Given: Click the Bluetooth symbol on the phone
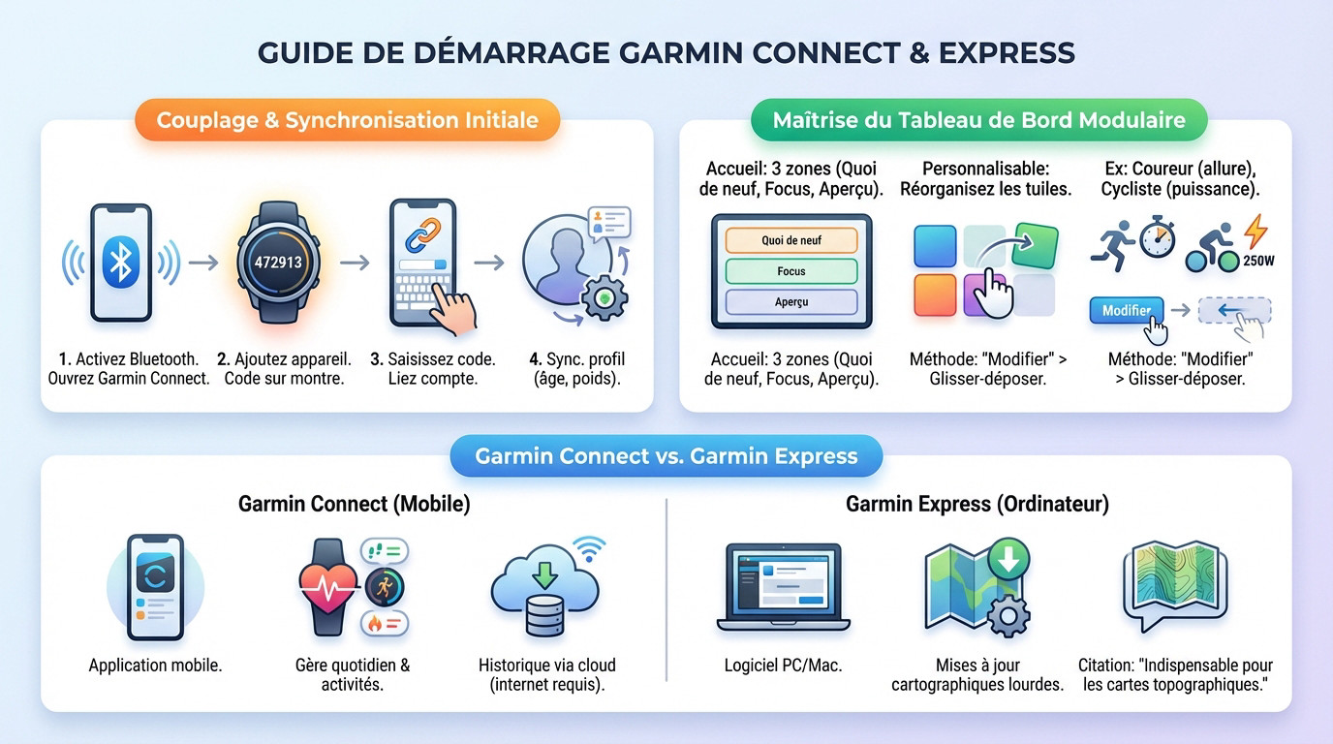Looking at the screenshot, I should click(x=120, y=263).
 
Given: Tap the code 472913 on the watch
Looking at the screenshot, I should click(x=277, y=262).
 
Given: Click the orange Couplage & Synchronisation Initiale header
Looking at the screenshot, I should click(x=347, y=121).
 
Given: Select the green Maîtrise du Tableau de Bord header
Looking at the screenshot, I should click(x=978, y=121).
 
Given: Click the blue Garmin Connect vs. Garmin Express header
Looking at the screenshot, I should click(x=666, y=456).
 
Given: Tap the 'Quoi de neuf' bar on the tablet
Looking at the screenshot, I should click(x=791, y=240).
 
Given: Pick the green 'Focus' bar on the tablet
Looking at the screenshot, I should click(x=791, y=271).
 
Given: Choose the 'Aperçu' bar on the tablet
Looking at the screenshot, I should click(x=791, y=302).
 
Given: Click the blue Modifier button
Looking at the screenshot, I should click(x=1126, y=311).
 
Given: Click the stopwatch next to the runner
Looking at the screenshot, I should click(x=1157, y=238).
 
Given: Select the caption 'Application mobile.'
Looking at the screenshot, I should click(x=155, y=666).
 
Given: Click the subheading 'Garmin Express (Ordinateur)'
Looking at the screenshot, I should click(x=977, y=504).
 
